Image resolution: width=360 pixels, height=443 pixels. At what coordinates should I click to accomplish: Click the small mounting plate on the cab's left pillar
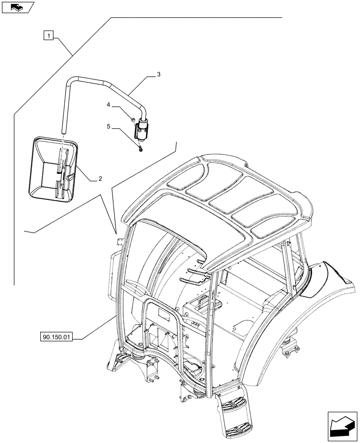pyautogui.click(x=118, y=241)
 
